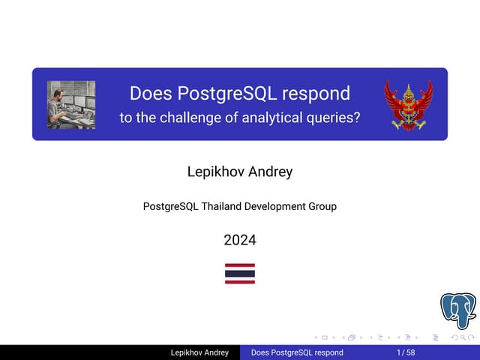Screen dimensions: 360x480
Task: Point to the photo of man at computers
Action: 71,104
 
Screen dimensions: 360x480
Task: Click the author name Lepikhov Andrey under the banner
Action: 240,172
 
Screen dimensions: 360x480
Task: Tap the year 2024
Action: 240,241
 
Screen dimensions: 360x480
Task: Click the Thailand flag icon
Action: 240,274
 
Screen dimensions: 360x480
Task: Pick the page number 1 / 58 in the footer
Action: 406,352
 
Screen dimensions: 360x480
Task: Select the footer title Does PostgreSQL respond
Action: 297,352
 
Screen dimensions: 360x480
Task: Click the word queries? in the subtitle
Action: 334,118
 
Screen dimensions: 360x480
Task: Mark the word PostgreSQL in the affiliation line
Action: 170,206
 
